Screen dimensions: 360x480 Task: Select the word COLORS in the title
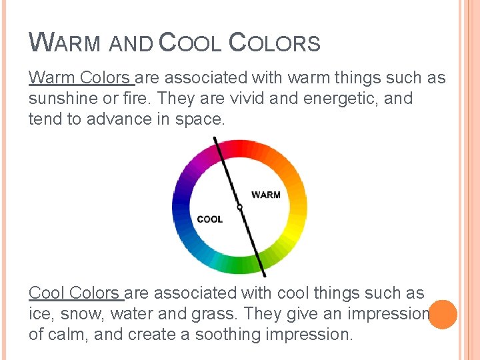tap(275, 43)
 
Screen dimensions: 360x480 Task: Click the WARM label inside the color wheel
tap(265, 195)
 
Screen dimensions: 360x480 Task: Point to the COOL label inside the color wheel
tap(210, 219)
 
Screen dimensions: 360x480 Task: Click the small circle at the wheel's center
tap(239, 207)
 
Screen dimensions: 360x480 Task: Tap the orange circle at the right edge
tap(443, 314)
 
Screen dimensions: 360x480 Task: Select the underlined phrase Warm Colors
tap(81, 78)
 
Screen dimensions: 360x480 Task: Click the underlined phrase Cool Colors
tap(75, 293)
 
